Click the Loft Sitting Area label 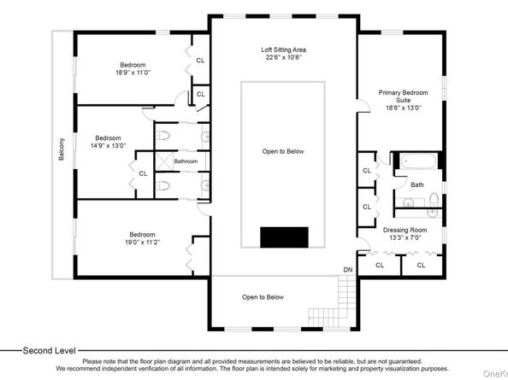[283, 50]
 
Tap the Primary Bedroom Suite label [403, 96]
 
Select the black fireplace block [284, 237]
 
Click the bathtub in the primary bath [418, 161]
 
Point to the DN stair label [348, 270]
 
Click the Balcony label [62, 149]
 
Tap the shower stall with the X [163, 161]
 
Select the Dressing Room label [405, 230]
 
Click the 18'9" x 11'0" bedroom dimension [133, 73]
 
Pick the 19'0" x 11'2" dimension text [142, 242]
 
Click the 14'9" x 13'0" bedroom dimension [109, 145]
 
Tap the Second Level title [50, 351]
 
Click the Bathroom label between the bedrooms [186, 161]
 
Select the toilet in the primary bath [434, 199]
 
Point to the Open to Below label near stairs [263, 297]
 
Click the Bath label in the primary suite [417, 184]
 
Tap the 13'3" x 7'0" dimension [405, 237]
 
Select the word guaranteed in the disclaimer [405, 361]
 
